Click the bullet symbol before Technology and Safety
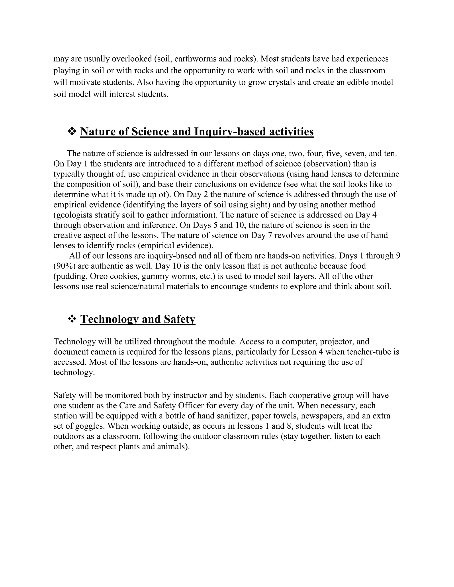click(72, 319)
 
